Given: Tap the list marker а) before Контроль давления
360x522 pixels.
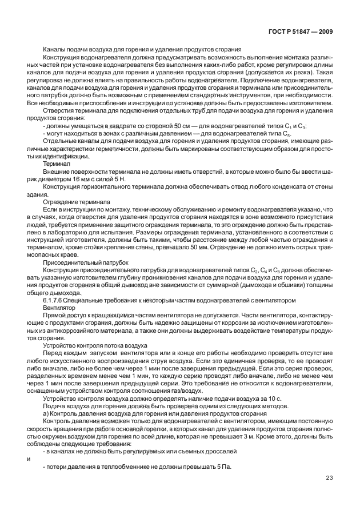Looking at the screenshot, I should pos(46,414).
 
